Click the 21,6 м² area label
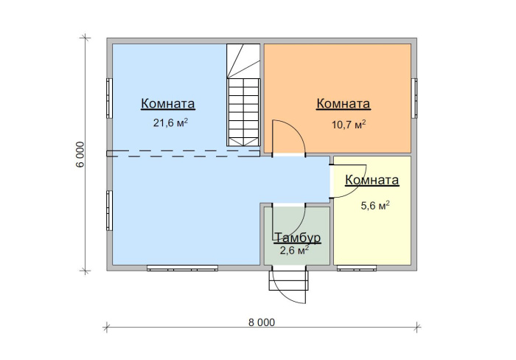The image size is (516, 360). tap(170, 123)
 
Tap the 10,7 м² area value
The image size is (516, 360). tap(349, 125)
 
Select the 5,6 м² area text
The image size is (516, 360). tap(375, 206)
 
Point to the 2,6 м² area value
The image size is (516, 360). tap(294, 250)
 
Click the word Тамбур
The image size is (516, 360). tap(297, 238)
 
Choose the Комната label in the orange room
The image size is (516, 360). tap(344, 103)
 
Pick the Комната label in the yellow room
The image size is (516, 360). tap(372, 180)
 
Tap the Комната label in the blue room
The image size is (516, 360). tap(168, 103)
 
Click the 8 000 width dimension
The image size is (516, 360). tap(262, 322)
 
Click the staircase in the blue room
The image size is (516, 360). tap(243, 95)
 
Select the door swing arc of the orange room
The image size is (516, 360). tap(298, 132)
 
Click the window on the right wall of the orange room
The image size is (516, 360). tap(414, 98)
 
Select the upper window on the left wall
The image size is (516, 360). tap(109, 98)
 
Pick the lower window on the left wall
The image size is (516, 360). tap(109, 210)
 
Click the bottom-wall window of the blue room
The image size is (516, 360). tap(182, 268)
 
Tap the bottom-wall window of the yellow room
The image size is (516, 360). tap(357, 268)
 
